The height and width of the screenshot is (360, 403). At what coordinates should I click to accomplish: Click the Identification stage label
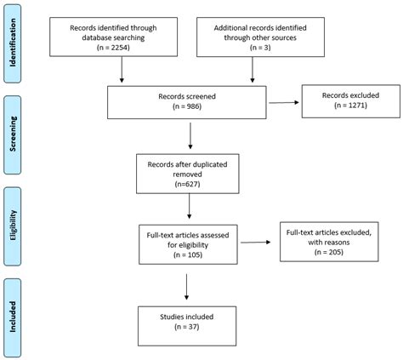(13, 43)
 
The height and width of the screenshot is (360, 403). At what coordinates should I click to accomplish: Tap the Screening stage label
(13, 134)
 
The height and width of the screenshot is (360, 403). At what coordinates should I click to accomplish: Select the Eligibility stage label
(13, 226)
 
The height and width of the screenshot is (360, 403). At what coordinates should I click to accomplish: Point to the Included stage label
(13, 317)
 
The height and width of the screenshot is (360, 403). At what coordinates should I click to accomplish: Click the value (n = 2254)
(113, 47)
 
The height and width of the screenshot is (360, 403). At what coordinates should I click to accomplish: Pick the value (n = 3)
(260, 47)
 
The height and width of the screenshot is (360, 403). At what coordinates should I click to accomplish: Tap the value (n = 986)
(187, 106)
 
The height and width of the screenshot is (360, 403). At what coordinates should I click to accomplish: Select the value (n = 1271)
(350, 106)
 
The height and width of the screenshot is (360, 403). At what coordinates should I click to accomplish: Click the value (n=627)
(187, 184)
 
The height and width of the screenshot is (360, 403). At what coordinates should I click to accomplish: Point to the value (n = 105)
(188, 254)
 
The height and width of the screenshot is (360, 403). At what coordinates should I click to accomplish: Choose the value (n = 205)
(329, 252)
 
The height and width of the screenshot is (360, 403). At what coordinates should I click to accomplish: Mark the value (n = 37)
(187, 327)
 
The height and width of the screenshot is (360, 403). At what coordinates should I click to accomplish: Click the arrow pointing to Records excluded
(284, 102)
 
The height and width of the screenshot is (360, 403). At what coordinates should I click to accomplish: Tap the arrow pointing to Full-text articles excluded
(256, 243)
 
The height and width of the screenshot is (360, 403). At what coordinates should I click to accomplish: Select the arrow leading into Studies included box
(186, 287)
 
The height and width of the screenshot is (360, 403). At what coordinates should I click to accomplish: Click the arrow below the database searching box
(122, 70)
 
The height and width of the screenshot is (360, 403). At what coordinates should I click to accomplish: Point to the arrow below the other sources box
(253, 70)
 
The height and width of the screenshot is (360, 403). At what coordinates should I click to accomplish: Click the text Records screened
(187, 96)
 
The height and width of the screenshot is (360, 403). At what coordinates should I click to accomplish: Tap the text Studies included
(187, 317)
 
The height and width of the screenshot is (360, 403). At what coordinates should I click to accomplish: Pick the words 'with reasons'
(329, 243)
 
